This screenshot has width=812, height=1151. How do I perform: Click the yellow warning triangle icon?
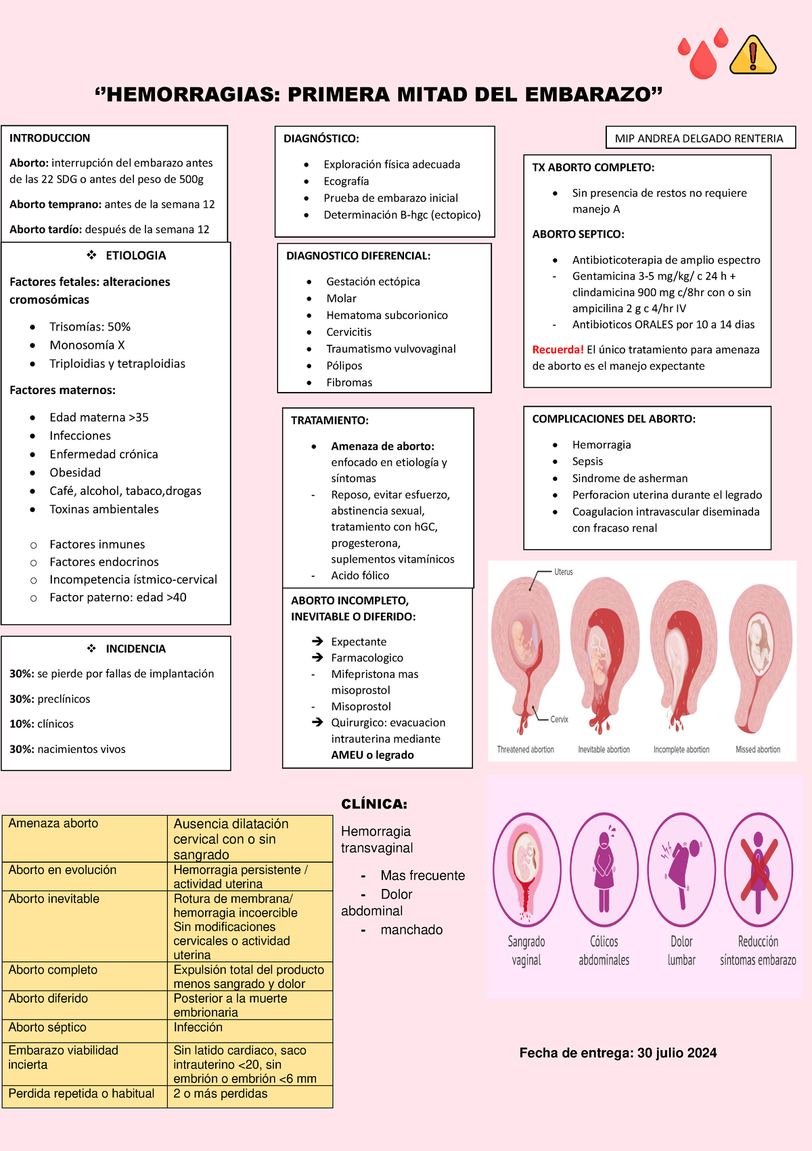coord(753,56)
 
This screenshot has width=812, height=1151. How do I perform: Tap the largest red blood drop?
coord(703,61)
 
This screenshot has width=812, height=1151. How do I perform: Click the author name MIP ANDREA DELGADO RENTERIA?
coord(699,139)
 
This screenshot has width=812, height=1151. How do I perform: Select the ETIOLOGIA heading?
coord(135,255)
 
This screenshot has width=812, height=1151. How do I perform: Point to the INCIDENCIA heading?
coord(135,649)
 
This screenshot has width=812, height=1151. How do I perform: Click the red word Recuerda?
coord(558,349)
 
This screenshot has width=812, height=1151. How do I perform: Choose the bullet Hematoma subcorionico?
coord(386,315)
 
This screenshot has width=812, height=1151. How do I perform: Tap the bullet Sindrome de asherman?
coord(629,478)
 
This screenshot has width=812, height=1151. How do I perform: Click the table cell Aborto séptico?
coord(47,1027)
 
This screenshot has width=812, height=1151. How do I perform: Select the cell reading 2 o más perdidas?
coord(221,1093)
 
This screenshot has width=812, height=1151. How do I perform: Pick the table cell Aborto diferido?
coord(48,998)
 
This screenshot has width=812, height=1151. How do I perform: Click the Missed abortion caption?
coord(758,750)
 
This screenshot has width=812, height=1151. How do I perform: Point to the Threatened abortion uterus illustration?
coord(525,650)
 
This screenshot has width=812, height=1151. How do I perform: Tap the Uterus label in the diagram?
coord(563,572)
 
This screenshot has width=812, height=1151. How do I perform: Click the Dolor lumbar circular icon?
coord(681,869)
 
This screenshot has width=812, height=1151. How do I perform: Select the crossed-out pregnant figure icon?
coord(759,869)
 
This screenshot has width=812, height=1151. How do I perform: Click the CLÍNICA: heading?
coord(374,804)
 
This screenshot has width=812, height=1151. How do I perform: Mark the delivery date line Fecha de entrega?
coord(618,1053)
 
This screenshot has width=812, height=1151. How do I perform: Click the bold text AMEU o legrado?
coord(372,755)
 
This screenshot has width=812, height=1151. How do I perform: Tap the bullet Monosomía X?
coord(87,345)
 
